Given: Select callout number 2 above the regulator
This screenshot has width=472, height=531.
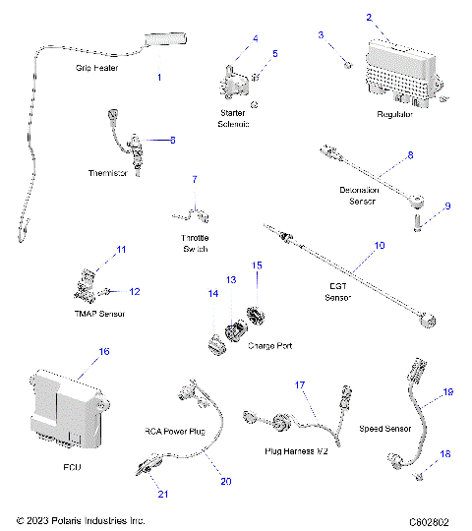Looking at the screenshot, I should tap(369, 18).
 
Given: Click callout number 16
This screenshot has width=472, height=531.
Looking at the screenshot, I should tap(103, 351).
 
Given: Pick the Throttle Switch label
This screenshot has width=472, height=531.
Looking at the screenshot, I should tap(203, 244).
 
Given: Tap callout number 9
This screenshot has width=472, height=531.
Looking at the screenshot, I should tap(447, 206).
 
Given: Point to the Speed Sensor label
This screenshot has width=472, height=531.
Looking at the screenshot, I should tap(385, 429).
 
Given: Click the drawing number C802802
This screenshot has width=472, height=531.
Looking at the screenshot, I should tap(430, 520).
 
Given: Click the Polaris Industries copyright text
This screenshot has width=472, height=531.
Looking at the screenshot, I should tap(81, 520).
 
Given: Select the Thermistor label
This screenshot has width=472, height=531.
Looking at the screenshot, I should tap(108, 172).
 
